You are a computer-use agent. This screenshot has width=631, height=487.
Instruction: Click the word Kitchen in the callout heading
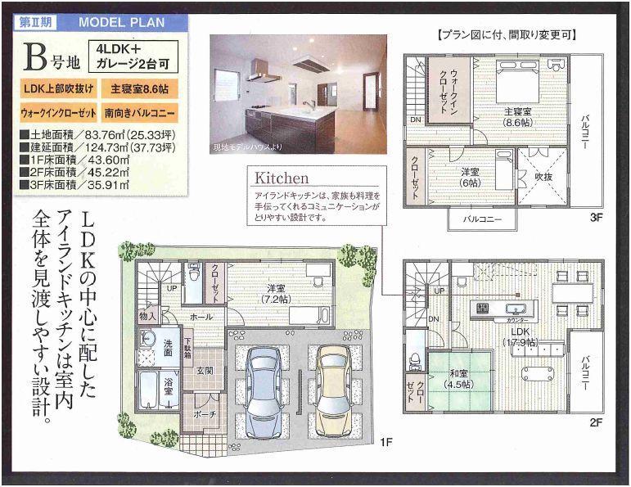(282, 178)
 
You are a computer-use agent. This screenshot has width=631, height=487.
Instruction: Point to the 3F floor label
(595, 219)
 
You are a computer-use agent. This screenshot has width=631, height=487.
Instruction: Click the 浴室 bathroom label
(168, 391)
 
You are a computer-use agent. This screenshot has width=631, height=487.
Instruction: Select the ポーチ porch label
(204, 416)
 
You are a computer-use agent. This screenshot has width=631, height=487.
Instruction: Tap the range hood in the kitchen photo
(307, 64)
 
